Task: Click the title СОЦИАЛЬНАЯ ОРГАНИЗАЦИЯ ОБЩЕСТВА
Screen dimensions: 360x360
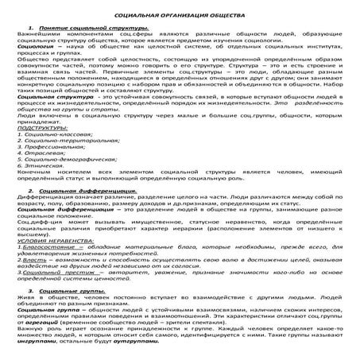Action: pyautogui.click(x=180, y=16)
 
